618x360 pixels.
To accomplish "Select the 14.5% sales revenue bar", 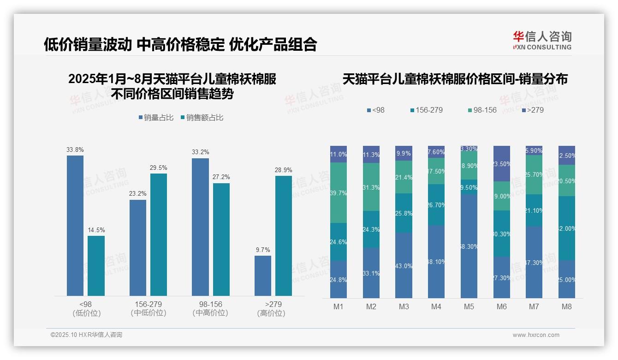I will (x=96, y=265).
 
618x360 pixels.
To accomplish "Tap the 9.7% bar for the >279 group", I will (x=263, y=276).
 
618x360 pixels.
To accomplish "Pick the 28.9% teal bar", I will (x=284, y=235).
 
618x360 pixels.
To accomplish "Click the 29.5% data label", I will (x=159, y=168).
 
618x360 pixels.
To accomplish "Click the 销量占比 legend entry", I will (x=156, y=118).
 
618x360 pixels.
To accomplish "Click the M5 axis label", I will (x=469, y=306).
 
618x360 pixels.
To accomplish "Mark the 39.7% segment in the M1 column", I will (x=339, y=192).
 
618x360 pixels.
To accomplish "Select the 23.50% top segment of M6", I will (x=502, y=163).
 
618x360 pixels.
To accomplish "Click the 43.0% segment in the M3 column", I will (x=404, y=265).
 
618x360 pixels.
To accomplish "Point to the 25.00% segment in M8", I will (x=567, y=279).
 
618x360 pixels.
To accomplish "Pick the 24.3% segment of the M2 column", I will (x=371, y=229).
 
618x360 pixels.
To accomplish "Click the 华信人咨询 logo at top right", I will (x=542, y=40).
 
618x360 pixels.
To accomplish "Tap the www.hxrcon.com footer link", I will (x=535, y=335).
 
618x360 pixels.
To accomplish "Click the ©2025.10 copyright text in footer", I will (x=86, y=335).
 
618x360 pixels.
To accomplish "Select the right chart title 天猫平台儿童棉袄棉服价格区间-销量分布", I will (x=455, y=79).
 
